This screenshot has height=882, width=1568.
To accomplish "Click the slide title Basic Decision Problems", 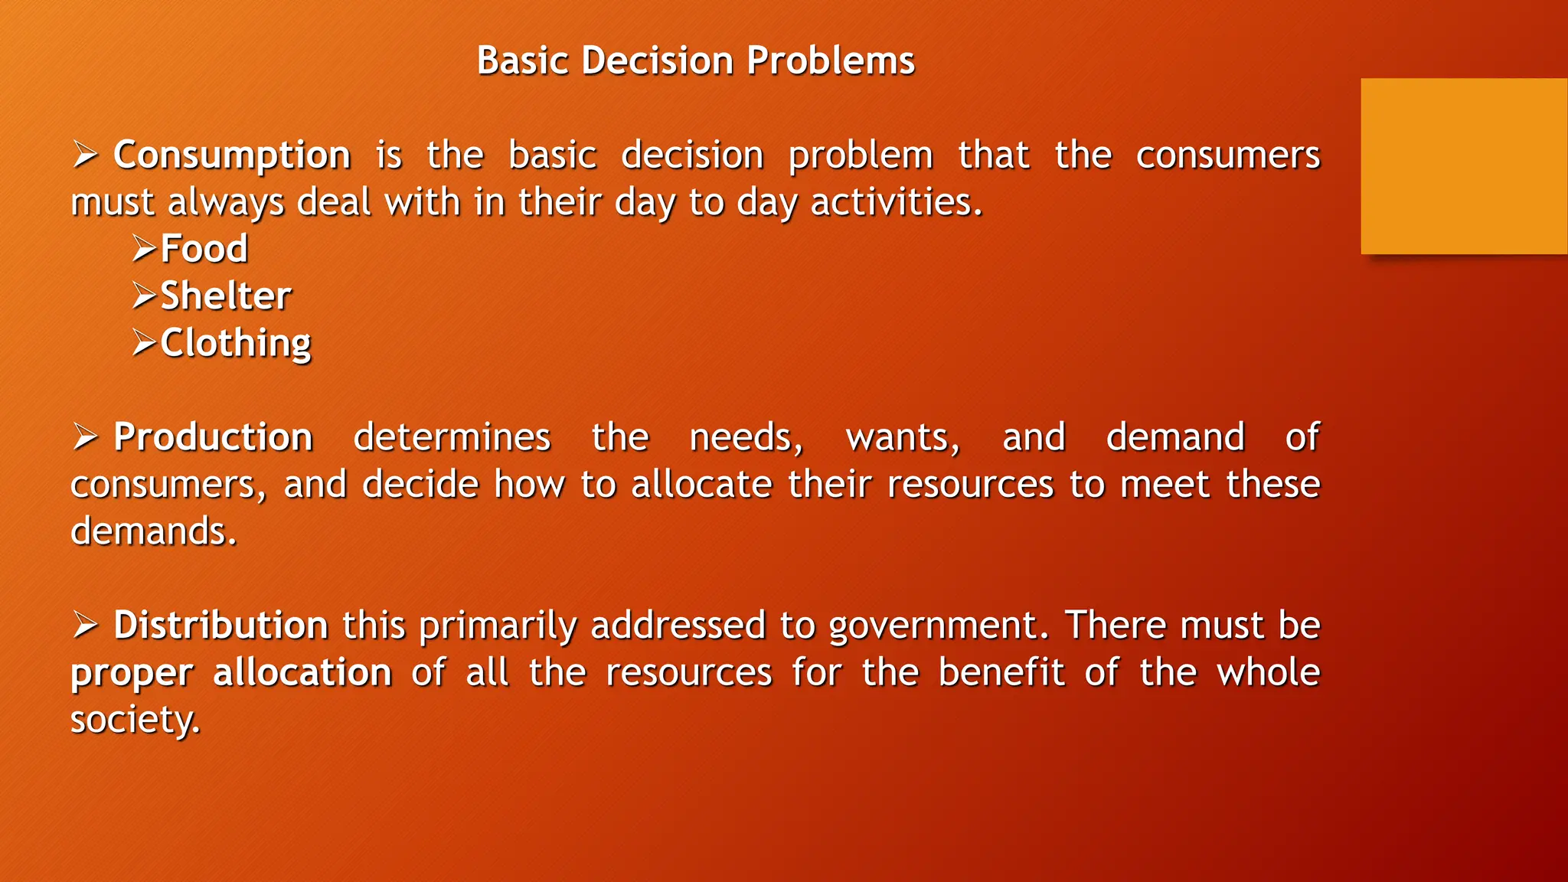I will (x=695, y=60).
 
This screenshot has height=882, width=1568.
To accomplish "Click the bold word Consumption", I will (x=232, y=155).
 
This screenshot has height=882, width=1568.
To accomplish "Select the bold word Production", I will (x=213, y=437).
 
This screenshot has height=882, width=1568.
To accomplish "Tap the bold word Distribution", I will (x=220, y=626).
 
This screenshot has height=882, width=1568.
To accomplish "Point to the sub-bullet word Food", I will (x=204, y=249).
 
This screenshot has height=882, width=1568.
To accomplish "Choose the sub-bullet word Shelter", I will (x=225, y=296).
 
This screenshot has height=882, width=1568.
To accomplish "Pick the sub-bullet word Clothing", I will (x=235, y=343).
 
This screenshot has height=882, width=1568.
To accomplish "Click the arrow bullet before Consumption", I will (x=85, y=155).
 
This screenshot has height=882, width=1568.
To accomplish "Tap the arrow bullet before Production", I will (x=85, y=436).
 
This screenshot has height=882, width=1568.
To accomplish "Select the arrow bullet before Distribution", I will (x=85, y=625).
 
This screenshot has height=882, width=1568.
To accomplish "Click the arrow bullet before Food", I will (x=144, y=248).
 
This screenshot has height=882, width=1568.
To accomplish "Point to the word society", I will (x=135, y=720).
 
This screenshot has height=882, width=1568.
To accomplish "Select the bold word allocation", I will (x=302, y=673).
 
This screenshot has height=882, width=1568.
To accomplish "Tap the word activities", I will (x=896, y=203).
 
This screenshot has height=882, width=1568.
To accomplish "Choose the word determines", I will (x=452, y=437).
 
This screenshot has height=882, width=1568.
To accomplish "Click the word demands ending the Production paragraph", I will (x=153, y=531).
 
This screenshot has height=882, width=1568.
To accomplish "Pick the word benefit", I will (x=1001, y=673).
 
